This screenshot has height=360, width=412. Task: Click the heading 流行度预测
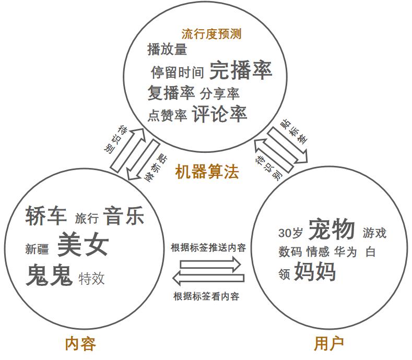click(211, 34)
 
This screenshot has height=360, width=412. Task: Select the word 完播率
click(240, 70)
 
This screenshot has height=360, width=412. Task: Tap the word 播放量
click(167, 50)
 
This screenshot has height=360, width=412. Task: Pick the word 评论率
click(219, 113)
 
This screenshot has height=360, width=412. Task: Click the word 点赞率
click(167, 115)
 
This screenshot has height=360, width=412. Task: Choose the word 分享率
click(219, 94)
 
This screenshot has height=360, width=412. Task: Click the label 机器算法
click(207, 172)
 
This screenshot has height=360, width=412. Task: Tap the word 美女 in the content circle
click(83, 244)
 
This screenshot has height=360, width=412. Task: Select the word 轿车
click(46, 216)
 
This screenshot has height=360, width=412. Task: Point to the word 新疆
click(37, 249)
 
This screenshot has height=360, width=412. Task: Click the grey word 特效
click(91, 278)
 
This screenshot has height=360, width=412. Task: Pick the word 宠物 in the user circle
click(332, 230)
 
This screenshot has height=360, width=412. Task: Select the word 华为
click(346, 252)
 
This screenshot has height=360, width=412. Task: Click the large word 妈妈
click(314, 272)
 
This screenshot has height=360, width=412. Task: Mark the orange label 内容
click(80, 344)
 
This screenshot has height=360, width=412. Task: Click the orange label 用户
click(329, 344)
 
